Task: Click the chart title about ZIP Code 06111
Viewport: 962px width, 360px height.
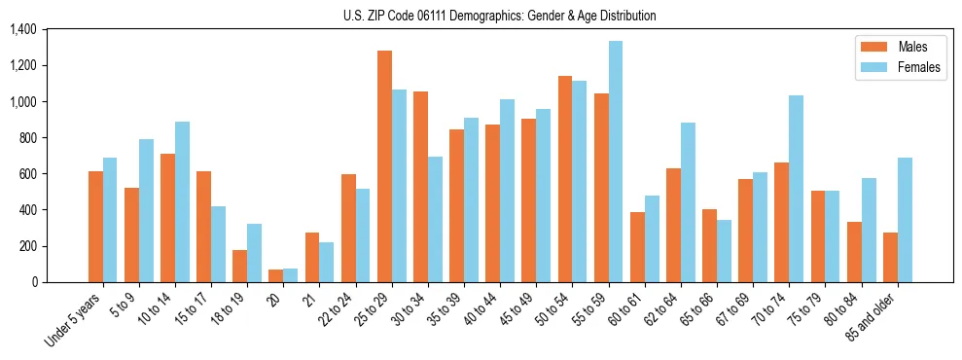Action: tap(500, 16)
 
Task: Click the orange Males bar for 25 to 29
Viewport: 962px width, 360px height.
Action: tap(384, 166)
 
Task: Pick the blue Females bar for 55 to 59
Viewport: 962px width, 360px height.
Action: tap(616, 162)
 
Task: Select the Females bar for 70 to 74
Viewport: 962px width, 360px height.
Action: tap(796, 189)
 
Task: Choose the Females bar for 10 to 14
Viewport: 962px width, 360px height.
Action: tap(182, 202)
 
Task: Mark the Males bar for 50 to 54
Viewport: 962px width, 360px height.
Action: tap(565, 179)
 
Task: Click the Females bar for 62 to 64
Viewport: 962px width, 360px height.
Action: tap(688, 202)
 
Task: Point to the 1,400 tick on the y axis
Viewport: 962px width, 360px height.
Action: tap(22, 29)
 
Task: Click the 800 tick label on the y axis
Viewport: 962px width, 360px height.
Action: tap(26, 138)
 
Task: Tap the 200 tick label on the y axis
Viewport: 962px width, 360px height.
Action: tap(26, 246)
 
